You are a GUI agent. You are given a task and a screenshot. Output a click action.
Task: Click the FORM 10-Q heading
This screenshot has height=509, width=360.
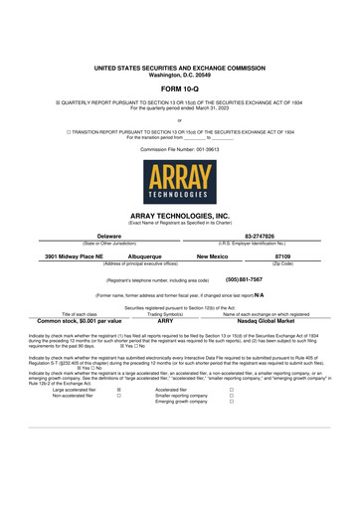179,87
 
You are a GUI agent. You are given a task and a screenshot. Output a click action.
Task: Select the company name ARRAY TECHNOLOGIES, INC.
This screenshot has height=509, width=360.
179,215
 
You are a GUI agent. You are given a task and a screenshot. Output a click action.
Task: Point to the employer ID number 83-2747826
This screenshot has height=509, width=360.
262,236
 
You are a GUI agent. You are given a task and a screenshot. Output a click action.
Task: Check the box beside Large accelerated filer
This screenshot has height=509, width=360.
119,391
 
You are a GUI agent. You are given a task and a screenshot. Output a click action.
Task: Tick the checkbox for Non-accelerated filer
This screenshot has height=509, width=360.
119,398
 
